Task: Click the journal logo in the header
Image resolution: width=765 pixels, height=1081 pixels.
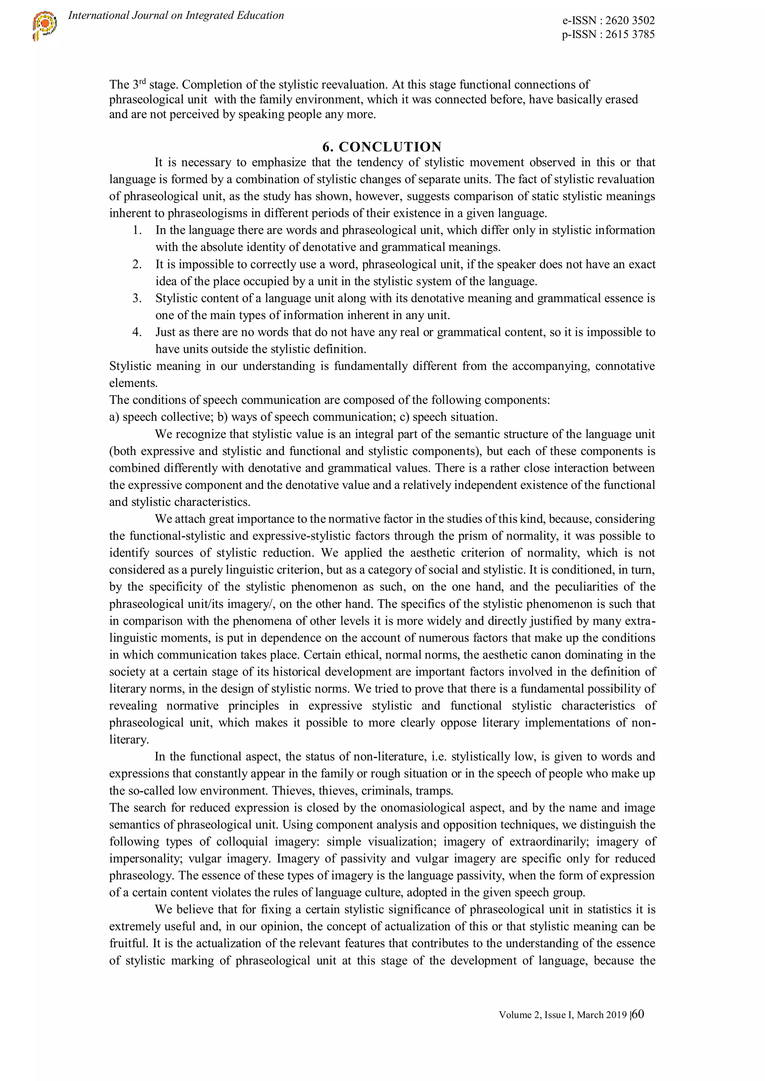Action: pyautogui.click(x=45, y=25)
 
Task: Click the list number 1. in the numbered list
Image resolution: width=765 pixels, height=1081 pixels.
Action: pyautogui.click(x=137, y=230)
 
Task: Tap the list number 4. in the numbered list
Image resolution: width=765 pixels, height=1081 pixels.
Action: pyautogui.click(x=137, y=332)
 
